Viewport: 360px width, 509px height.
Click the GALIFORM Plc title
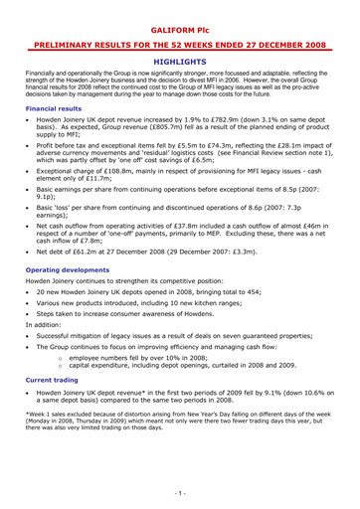pyautogui.click(x=180, y=18)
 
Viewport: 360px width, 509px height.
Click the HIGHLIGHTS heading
pyautogui.click(x=180, y=62)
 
